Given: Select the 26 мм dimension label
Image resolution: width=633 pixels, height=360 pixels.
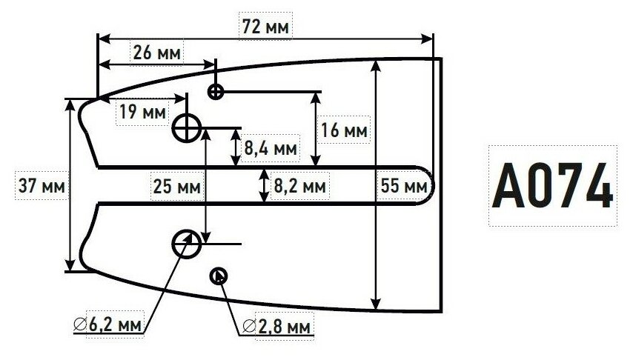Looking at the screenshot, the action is [156, 53].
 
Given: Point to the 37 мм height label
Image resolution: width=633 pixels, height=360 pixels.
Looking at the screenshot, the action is [40, 185].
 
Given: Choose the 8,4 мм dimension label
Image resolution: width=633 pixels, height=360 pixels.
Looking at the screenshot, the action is [271, 148].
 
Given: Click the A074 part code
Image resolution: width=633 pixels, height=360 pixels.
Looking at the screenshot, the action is [552, 185].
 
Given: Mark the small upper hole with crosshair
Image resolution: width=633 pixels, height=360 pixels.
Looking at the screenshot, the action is [216, 91].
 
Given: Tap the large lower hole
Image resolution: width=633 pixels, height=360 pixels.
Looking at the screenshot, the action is [186, 242].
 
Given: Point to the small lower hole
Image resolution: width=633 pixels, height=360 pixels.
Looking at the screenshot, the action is [219, 276].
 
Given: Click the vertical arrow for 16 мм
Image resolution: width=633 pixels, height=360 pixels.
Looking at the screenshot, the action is [316, 129].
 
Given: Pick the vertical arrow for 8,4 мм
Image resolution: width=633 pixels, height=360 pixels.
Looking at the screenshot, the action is [235, 147].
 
